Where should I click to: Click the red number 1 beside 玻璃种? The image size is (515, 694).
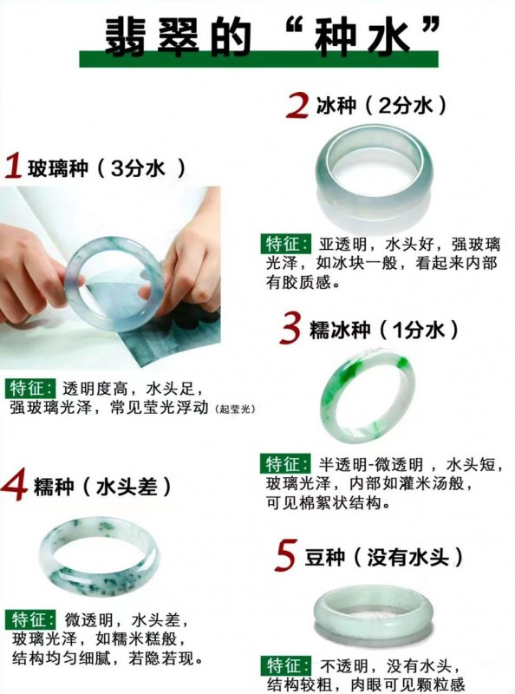[13, 166]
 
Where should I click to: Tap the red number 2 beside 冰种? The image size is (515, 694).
[297, 105]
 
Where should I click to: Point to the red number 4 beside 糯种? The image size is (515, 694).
[14, 486]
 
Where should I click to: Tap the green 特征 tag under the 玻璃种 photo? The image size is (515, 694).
[31, 388]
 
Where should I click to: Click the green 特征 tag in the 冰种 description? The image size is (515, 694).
[286, 244]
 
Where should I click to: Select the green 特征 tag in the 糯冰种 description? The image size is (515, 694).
[286, 464]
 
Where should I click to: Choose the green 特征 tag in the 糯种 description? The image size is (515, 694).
[31, 619]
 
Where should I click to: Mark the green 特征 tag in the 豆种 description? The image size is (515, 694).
[286, 665]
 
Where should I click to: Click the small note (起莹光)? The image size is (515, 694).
[235, 409]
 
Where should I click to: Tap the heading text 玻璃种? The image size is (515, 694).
[57, 167]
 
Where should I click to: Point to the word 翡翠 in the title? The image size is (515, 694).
[153, 36]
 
